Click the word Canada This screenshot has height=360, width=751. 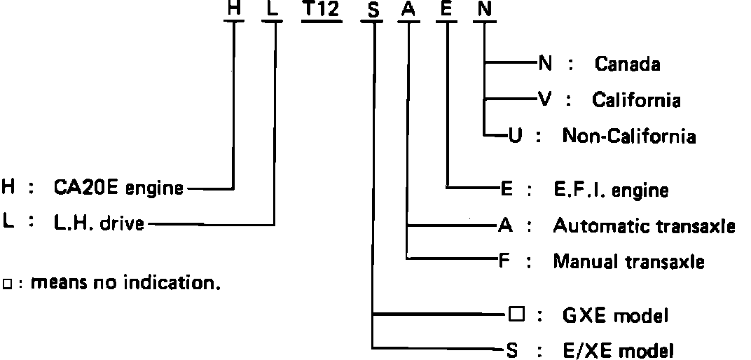coord(627,64)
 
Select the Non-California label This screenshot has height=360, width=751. coord(629,136)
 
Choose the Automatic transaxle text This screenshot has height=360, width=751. coord(644,226)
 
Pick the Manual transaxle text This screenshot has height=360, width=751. coord(628,262)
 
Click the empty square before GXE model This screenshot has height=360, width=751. coord(516,315)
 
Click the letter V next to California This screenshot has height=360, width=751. coord(544,99)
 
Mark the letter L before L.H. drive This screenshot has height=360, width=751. coord(8,224)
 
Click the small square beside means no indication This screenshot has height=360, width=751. coord(8,284)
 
